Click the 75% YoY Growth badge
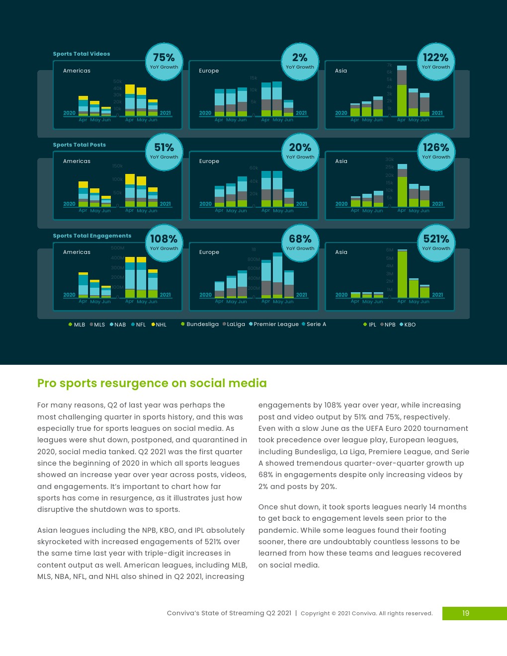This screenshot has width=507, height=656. pyautogui.click(x=164, y=62)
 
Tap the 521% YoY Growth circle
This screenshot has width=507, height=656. pyautogui.click(x=436, y=243)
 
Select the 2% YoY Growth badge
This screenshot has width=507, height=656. pyautogui.click(x=300, y=62)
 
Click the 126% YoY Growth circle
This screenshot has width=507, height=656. pyautogui.click(x=436, y=151)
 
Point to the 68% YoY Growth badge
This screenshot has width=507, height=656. pyautogui.click(x=300, y=243)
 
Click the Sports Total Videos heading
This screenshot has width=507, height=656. pyautogui.click(x=82, y=54)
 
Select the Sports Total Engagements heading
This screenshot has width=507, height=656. pyautogui.click(x=92, y=236)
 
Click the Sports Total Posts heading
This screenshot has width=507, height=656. pyautogui.click(x=80, y=145)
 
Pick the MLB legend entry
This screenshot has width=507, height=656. pyautogui.click(x=77, y=325)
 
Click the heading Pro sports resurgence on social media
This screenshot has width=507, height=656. pyautogui.click(x=152, y=383)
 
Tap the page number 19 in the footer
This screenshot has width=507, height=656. pyautogui.click(x=466, y=613)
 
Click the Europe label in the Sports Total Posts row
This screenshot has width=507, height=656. pyautogui.click(x=209, y=161)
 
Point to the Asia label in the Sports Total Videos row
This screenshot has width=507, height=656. pyautogui.click(x=341, y=71)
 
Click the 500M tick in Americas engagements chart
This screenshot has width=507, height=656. pyautogui.click(x=118, y=248)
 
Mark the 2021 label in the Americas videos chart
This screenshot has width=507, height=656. pyautogui.click(x=166, y=113)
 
